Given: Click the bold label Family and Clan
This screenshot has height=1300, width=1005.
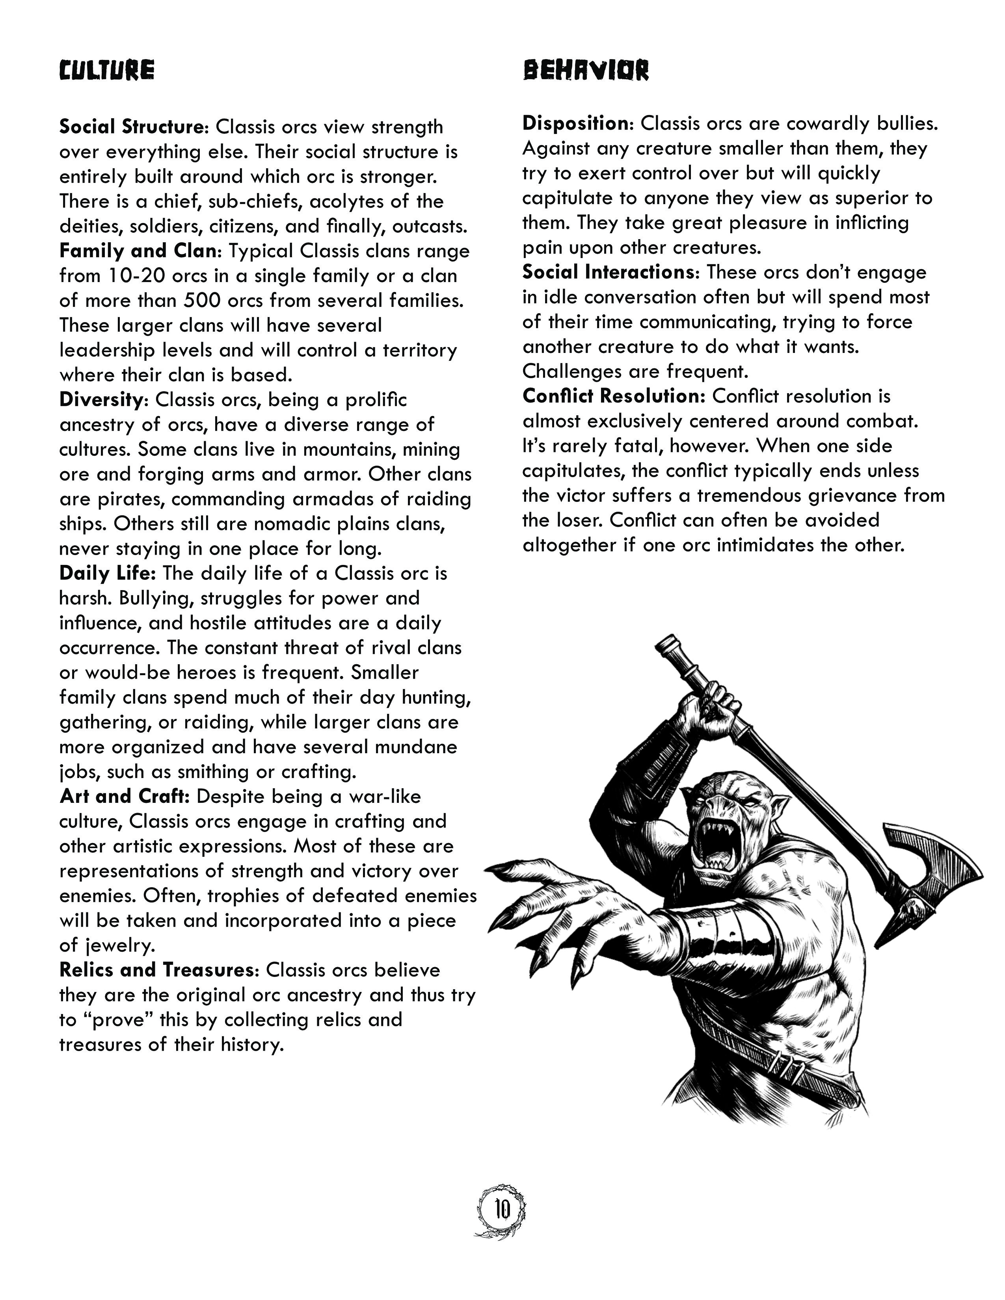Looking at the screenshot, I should point(138,251).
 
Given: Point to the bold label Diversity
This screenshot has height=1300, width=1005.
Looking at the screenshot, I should point(100,399).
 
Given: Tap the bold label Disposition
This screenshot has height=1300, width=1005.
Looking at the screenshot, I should point(576,123).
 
